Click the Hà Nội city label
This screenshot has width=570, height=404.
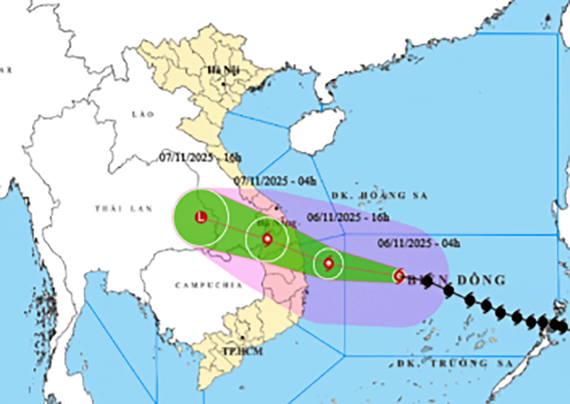coord(223,71)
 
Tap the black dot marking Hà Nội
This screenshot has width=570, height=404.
coord(223,84)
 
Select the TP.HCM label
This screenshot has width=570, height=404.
coord(243,351)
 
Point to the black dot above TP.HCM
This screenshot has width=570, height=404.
coord(243,338)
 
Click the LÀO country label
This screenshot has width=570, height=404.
coord(143,114)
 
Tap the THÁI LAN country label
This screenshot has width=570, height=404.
coord(124,209)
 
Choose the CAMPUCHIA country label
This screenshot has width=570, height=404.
coord(209,285)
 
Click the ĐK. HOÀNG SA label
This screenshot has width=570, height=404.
coord(379,196)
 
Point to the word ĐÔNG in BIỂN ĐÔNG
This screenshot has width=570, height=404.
coord(481,280)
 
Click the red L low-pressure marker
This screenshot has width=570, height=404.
coord(201,217)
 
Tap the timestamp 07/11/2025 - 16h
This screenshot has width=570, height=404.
coord(200,158)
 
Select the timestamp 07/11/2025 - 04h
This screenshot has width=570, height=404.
coord(275,181)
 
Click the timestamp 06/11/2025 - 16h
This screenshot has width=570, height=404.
coord(348,217)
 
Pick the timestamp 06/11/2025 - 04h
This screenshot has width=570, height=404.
coord(419,243)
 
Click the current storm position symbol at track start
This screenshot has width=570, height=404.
coord(399,276)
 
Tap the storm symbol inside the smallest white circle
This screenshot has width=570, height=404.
coord(328,263)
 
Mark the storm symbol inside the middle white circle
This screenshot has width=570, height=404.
coord(267,239)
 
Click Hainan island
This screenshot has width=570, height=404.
coord(316,131)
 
